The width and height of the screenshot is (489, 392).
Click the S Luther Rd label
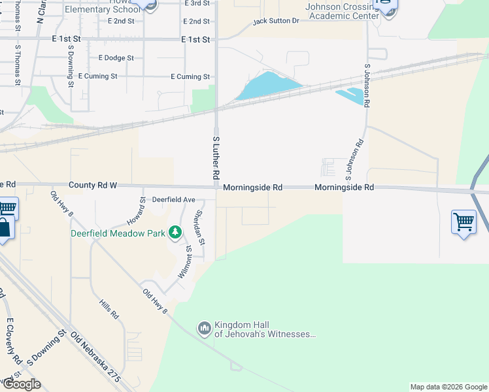[x=215, y=159]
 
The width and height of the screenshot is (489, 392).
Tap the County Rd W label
[x=93, y=186]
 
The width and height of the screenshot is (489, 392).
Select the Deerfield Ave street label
[x=174, y=199]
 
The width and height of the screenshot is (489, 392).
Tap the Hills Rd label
[x=109, y=310]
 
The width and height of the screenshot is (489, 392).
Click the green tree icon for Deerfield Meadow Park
[x=175, y=232]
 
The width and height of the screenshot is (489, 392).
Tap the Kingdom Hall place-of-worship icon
[x=205, y=327]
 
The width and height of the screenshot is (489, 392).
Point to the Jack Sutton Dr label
[x=275, y=22]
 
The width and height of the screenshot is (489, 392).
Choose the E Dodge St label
[x=116, y=58]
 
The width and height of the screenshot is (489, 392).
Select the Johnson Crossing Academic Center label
[x=343, y=11]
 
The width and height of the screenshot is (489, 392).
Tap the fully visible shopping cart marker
[x=464, y=222]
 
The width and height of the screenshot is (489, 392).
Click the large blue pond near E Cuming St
[x=268, y=86]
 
